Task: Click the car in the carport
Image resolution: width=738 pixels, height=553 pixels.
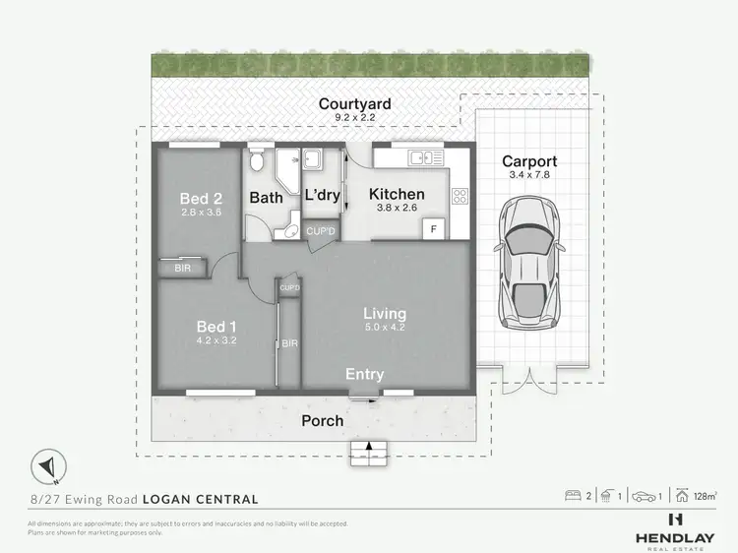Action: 529,263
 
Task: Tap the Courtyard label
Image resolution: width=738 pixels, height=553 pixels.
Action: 353,104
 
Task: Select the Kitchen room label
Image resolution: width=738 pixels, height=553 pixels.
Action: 397,194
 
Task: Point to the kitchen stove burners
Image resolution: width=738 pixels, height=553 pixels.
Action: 459,196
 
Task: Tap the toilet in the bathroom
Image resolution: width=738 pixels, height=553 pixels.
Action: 256,160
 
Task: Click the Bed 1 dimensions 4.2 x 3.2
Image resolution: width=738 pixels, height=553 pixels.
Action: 216,340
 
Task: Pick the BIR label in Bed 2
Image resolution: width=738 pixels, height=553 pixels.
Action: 183,268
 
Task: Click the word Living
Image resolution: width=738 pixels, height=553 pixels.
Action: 384,314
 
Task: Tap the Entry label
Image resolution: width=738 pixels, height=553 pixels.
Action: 364,375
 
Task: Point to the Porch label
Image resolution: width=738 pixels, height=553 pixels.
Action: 322,420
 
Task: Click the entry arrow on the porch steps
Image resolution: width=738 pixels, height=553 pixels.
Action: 369,449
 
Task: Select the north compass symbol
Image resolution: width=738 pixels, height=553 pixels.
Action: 50,464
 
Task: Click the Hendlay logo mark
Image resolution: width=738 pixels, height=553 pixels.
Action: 675,519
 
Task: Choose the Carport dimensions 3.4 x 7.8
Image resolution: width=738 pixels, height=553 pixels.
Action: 529,175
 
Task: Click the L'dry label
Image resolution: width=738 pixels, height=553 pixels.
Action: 323,195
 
